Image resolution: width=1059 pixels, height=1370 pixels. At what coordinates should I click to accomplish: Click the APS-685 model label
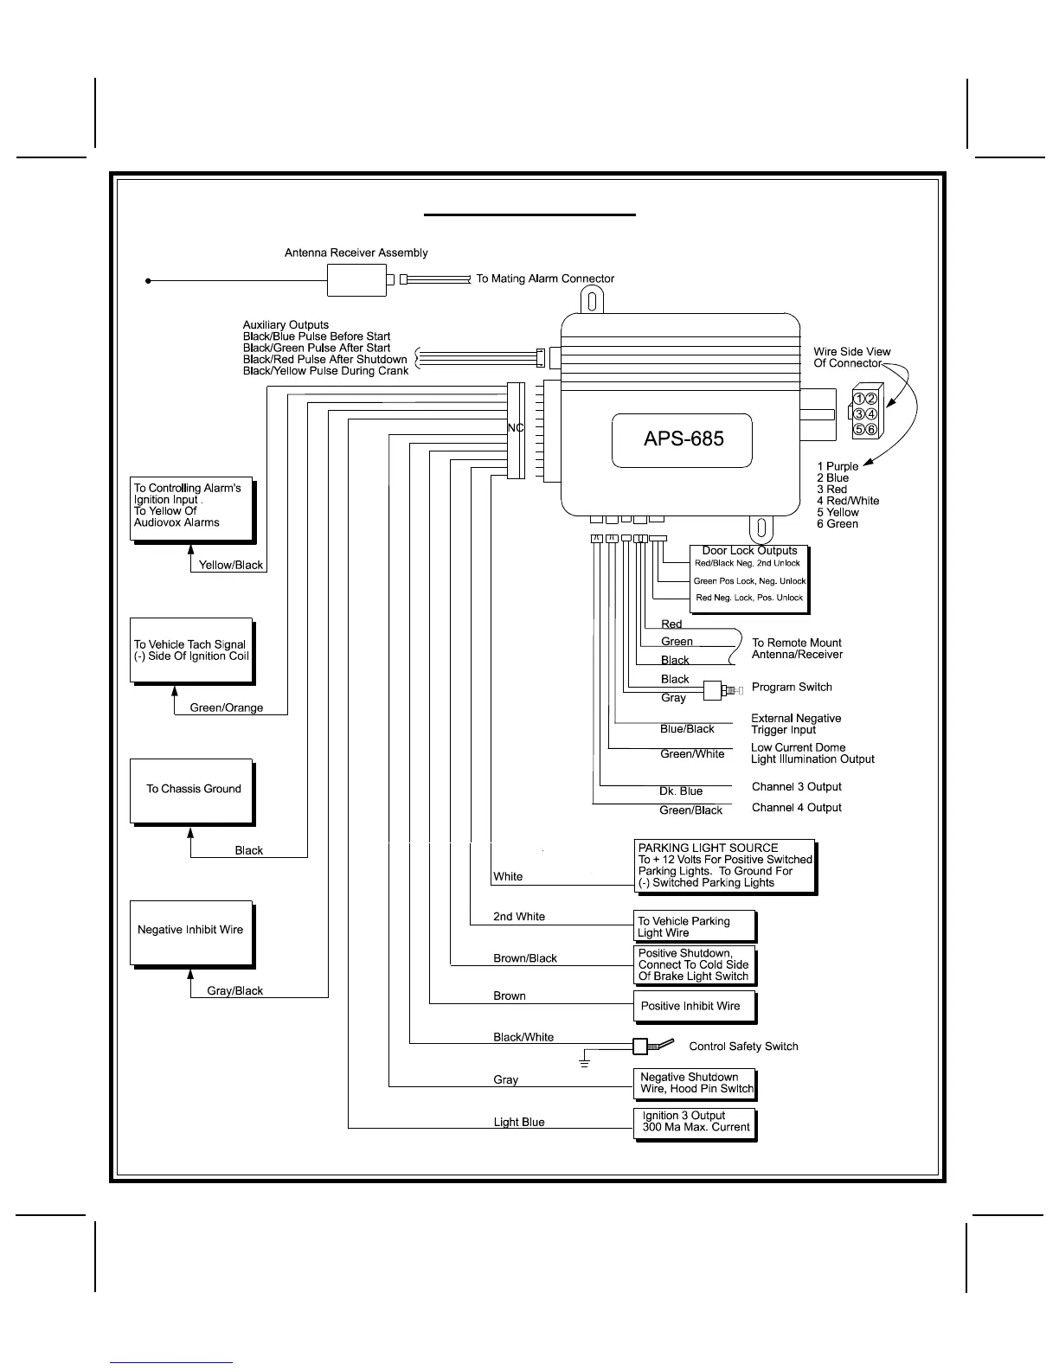click(683, 439)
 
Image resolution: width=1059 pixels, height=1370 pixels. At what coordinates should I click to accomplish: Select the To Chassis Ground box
click(192, 791)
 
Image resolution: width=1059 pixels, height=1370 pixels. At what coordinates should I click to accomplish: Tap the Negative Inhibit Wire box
click(192, 932)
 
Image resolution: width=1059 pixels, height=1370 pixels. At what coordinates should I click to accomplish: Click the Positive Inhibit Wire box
click(695, 1006)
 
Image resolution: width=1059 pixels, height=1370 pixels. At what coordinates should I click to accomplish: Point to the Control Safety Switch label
click(743, 1047)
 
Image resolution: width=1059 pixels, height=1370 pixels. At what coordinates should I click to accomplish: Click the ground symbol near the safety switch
click(585, 1060)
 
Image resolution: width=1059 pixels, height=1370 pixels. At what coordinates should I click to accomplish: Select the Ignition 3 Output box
click(695, 1124)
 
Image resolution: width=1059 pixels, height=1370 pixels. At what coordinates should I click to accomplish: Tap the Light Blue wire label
click(519, 1123)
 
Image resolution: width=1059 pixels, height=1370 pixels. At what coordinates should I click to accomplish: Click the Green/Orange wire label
click(226, 707)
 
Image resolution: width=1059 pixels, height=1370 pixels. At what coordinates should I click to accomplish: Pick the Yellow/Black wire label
click(231, 565)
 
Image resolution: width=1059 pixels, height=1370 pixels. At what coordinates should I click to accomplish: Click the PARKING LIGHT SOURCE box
click(726, 867)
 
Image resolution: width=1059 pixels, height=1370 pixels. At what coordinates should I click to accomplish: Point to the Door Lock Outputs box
click(749, 578)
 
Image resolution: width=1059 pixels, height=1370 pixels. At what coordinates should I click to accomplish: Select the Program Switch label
click(792, 688)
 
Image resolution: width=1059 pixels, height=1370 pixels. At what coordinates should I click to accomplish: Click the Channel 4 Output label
click(796, 808)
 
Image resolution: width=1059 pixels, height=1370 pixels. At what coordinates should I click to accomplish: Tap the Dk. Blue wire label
click(681, 791)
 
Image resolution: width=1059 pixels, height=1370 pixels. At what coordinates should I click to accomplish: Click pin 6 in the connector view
click(871, 430)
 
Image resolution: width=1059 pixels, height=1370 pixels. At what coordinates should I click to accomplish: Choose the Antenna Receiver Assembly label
click(356, 253)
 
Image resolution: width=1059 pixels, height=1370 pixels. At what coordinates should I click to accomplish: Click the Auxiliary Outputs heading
click(286, 325)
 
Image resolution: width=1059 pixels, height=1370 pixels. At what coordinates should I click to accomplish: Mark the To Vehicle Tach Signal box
click(191, 650)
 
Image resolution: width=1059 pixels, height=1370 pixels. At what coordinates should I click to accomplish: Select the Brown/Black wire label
click(525, 958)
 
